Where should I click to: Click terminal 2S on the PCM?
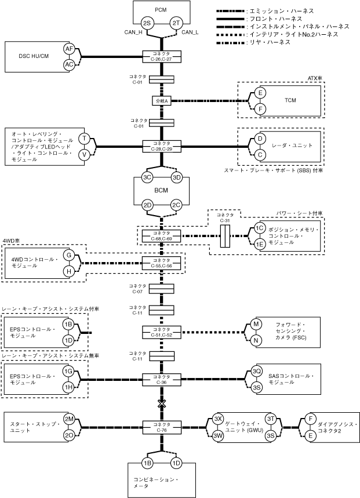[147, 23]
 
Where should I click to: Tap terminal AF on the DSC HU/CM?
[69, 49]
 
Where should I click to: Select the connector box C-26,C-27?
[162, 56]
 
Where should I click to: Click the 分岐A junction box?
[162, 100]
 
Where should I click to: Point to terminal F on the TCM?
[260, 108]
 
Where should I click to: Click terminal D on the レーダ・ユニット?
[260, 139]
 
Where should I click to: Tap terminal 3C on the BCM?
[147, 177]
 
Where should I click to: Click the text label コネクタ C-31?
[226, 217]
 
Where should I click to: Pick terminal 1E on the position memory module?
[259, 244]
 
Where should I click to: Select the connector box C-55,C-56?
[162, 263]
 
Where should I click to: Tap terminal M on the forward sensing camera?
[257, 325]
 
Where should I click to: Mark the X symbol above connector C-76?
[162, 402]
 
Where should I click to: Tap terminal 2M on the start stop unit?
[69, 419]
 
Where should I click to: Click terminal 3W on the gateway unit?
[218, 435]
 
